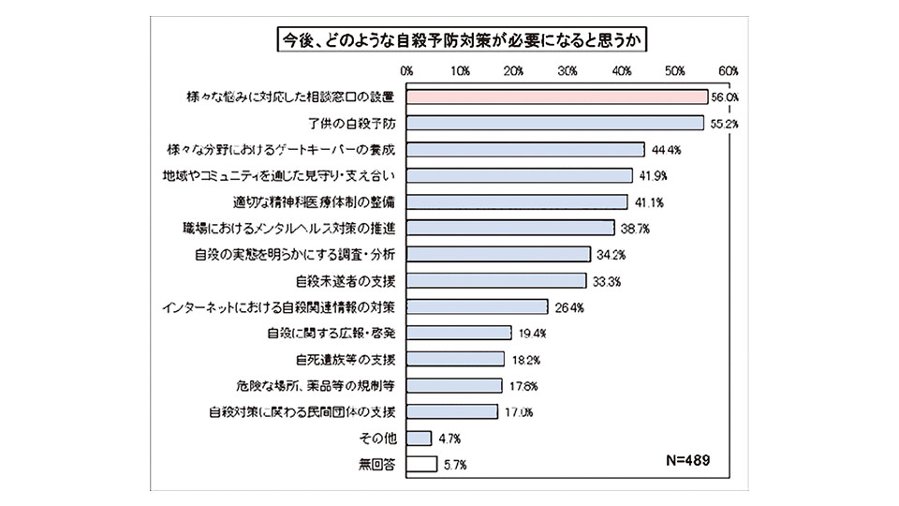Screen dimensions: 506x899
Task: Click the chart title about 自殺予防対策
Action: point(449,40)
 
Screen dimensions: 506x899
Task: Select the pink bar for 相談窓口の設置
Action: point(558,97)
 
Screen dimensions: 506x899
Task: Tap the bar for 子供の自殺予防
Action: point(555,123)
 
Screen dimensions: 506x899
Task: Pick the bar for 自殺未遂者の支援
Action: point(497,280)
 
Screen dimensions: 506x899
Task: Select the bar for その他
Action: point(420,438)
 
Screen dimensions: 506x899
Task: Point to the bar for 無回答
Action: point(422,463)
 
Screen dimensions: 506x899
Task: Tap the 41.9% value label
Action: point(650,175)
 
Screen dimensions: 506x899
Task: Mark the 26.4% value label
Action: point(565,306)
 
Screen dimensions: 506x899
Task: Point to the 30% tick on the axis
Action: point(567,71)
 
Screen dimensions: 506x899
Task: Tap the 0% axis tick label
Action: point(407,71)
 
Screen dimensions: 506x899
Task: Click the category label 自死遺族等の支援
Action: point(345,359)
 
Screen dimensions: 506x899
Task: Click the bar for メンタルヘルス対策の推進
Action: point(511,228)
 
